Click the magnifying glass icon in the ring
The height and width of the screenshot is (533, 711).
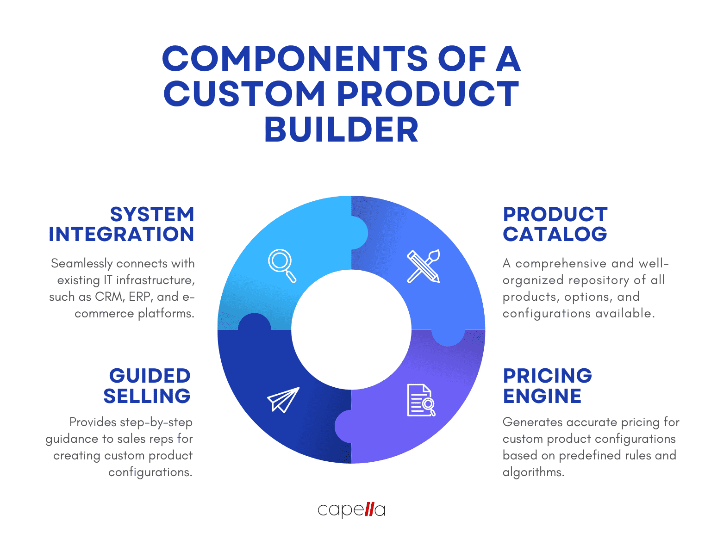click(x=281, y=265)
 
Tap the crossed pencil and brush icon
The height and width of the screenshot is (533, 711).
click(x=423, y=266)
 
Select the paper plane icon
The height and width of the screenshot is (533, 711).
click(x=283, y=399)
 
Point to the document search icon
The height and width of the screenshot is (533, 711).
click(x=421, y=400)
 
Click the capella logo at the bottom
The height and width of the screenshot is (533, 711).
click(x=351, y=510)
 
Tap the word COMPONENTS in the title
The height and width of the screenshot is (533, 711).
click(x=295, y=59)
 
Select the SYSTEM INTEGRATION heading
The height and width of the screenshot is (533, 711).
click(x=122, y=224)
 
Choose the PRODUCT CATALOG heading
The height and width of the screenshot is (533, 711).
click(x=555, y=224)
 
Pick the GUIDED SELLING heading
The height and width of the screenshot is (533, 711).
click(x=147, y=386)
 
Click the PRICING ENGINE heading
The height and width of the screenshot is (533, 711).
click(x=547, y=386)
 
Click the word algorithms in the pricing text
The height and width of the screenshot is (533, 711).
click(x=533, y=472)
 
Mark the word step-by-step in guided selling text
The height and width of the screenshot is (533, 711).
click(x=156, y=422)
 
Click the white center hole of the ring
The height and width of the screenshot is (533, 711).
click(x=351, y=329)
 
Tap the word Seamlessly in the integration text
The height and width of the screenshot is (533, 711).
click(x=82, y=264)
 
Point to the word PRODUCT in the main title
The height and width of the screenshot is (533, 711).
click(x=427, y=94)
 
